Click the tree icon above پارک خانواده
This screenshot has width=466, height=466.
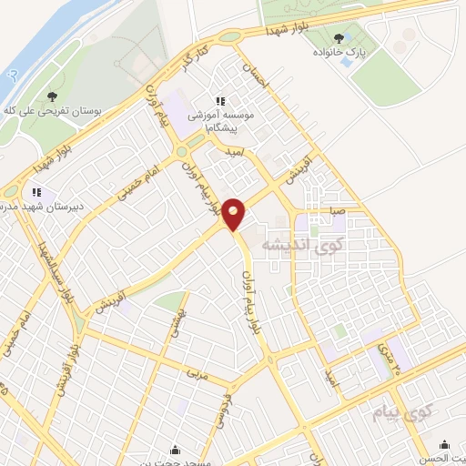339,38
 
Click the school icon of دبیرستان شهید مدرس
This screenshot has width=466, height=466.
36,192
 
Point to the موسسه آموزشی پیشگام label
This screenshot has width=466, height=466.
218,123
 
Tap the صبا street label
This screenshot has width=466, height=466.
337,209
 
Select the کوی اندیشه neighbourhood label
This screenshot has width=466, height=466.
299,245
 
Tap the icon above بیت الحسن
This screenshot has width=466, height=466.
444,444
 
